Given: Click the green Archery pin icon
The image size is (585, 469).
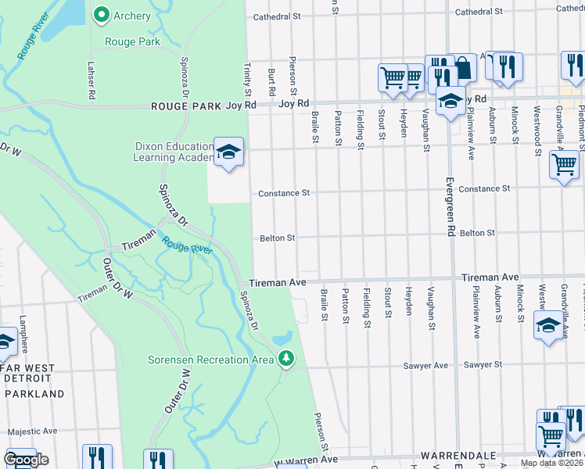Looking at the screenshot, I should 101,14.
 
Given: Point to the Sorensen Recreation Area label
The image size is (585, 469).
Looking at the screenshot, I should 210,360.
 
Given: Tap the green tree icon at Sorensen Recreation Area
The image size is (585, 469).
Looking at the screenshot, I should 286,359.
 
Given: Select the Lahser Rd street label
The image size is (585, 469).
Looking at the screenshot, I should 92,81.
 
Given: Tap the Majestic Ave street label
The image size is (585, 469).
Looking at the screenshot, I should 29,431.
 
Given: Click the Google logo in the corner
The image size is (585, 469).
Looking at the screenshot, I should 26,460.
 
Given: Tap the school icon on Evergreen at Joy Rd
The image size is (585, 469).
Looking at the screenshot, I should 450,100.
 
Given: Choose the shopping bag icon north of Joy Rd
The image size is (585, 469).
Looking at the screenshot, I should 462,68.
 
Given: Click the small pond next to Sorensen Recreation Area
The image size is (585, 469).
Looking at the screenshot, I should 284,338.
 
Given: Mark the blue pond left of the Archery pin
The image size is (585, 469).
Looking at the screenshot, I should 74,11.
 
